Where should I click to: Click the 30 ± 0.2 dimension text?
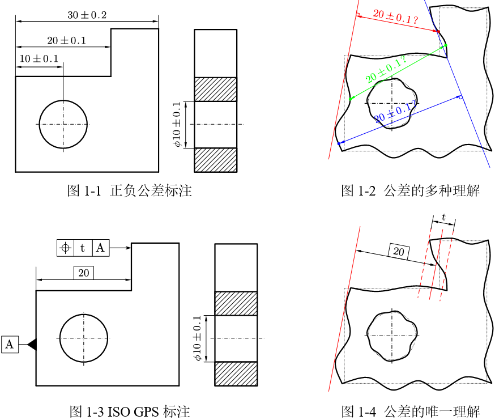[87, 15]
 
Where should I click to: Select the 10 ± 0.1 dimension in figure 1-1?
[39, 59]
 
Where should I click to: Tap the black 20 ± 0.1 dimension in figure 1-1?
[66, 41]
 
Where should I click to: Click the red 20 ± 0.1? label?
[396, 18]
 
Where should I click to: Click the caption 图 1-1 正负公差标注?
[130, 191]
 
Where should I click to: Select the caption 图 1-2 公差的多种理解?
[410, 191]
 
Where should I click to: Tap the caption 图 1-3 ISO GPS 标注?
[129, 411]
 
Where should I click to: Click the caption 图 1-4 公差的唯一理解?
[410, 411]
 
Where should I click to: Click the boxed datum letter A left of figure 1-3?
[10, 344]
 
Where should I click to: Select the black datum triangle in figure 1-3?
[32, 344]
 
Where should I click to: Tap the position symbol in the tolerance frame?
[66, 248]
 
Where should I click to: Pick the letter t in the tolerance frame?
[83, 248]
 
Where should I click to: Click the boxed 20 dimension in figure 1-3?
[84, 274]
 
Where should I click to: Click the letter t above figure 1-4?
[443, 218]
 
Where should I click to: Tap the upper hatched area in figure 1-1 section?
[215, 89]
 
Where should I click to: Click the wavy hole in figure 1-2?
[391, 103]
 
